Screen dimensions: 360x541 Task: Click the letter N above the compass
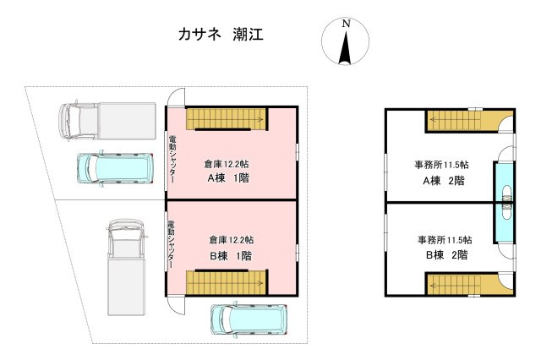pyautogui.click(x=345, y=25)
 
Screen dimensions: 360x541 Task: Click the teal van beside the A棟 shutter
pyautogui.click(x=115, y=168)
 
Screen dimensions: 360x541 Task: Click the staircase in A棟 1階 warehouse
pyautogui.click(x=227, y=119)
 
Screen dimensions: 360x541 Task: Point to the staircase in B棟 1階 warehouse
pyautogui.click(x=227, y=281)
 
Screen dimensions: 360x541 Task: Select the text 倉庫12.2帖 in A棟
pyautogui.click(x=232, y=164)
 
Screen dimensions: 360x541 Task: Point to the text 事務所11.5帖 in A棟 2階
pyautogui.click(x=441, y=164)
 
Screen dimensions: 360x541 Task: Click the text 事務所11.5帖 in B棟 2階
pyautogui.click(x=443, y=240)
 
